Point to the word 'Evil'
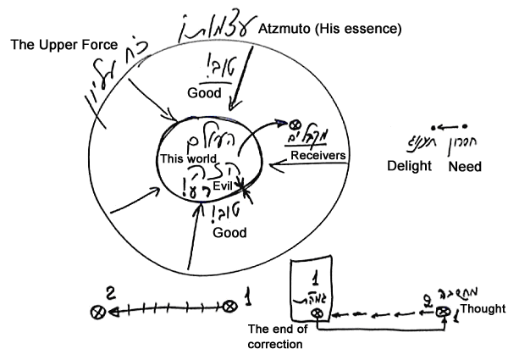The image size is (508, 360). pyautogui.click(x=222, y=172)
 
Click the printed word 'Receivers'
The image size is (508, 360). pyautogui.click(x=315, y=154)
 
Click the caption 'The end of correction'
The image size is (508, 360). pyautogui.click(x=279, y=337)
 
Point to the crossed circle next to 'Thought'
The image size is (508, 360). pyautogui.click(x=442, y=313)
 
